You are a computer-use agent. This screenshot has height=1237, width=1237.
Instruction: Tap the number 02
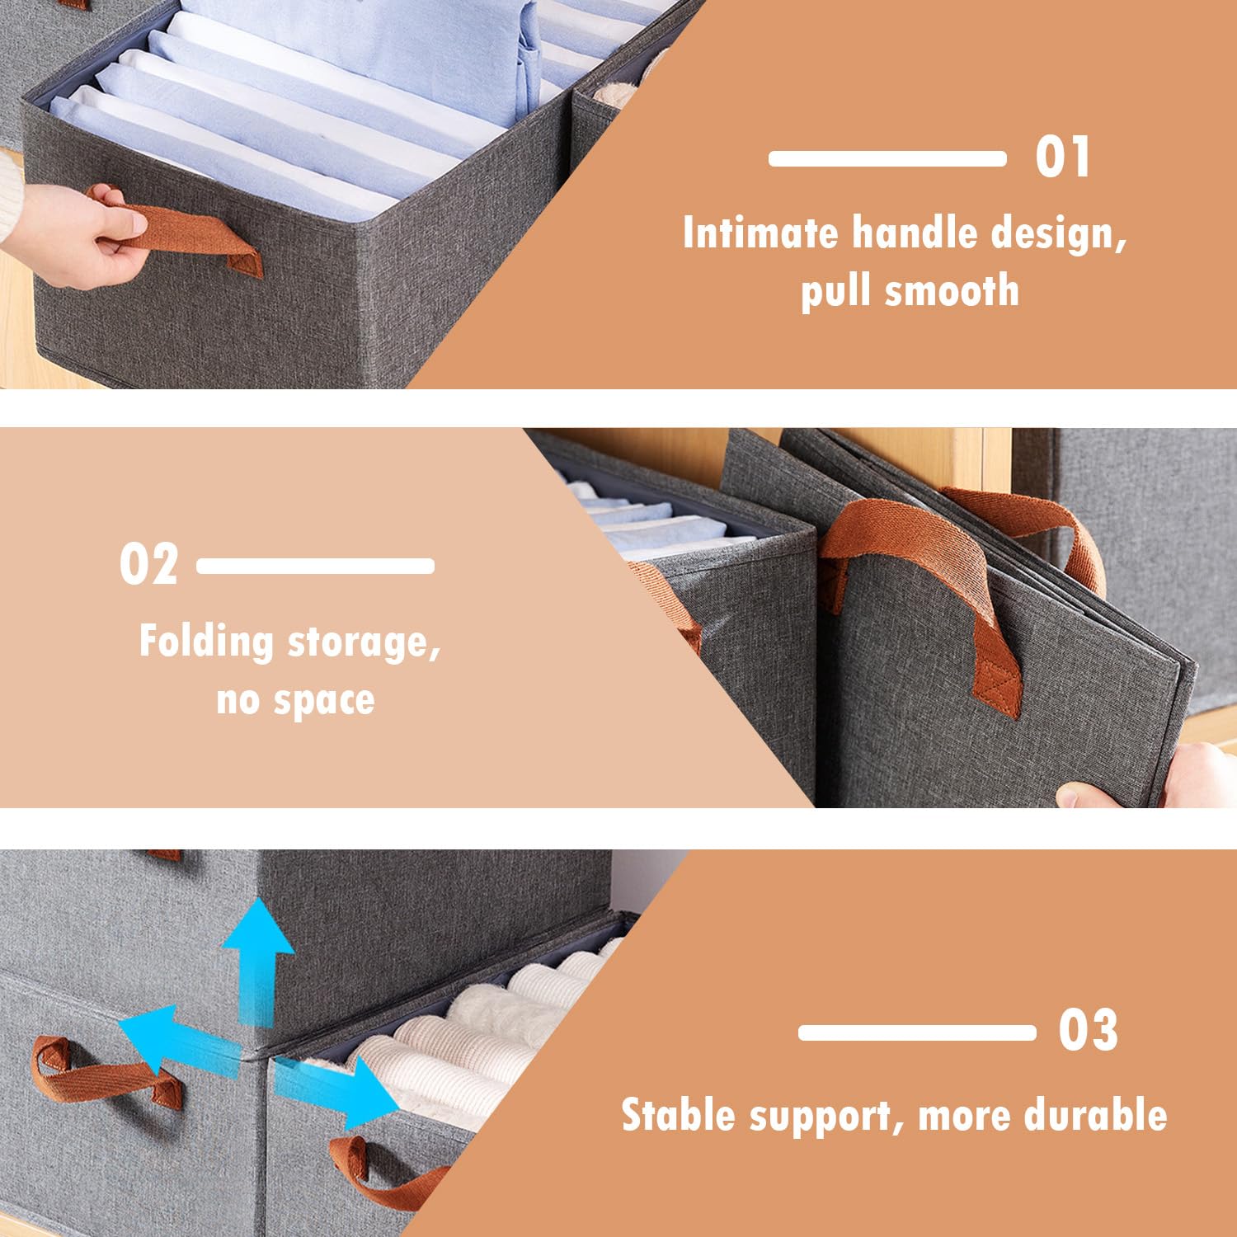tap(148, 565)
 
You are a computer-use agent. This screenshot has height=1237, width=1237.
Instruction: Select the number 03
tap(1089, 1031)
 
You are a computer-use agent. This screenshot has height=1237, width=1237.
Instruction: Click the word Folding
tap(206, 642)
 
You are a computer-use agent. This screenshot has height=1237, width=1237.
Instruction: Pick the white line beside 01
tap(887, 158)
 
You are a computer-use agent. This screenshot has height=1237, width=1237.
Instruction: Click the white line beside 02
tap(316, 566)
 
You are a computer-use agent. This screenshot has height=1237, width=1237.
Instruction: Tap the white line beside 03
tap(917, 1032)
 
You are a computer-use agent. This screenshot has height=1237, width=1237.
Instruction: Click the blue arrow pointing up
tap(256, 961)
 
